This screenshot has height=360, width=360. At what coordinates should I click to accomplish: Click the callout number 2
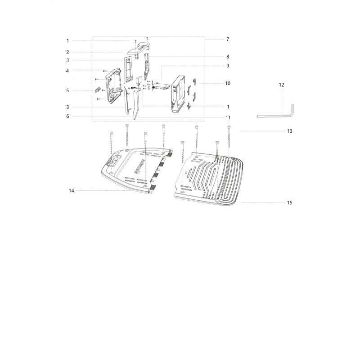[67, 52]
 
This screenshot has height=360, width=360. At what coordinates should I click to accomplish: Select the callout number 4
[67, 71]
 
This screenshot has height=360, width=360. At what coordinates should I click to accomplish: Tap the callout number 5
[67, 90]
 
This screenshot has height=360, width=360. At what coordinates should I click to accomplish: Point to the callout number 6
[67, 116]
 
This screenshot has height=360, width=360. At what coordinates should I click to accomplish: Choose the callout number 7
[228, 39]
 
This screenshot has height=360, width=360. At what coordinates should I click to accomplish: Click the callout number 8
[228, 57]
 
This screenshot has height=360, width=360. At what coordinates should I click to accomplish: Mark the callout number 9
[228, 66]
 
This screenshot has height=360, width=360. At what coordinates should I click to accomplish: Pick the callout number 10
[228, 83]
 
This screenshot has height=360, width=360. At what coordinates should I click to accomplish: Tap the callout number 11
[228, 117]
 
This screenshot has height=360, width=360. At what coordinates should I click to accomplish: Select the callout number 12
[282, 85]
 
